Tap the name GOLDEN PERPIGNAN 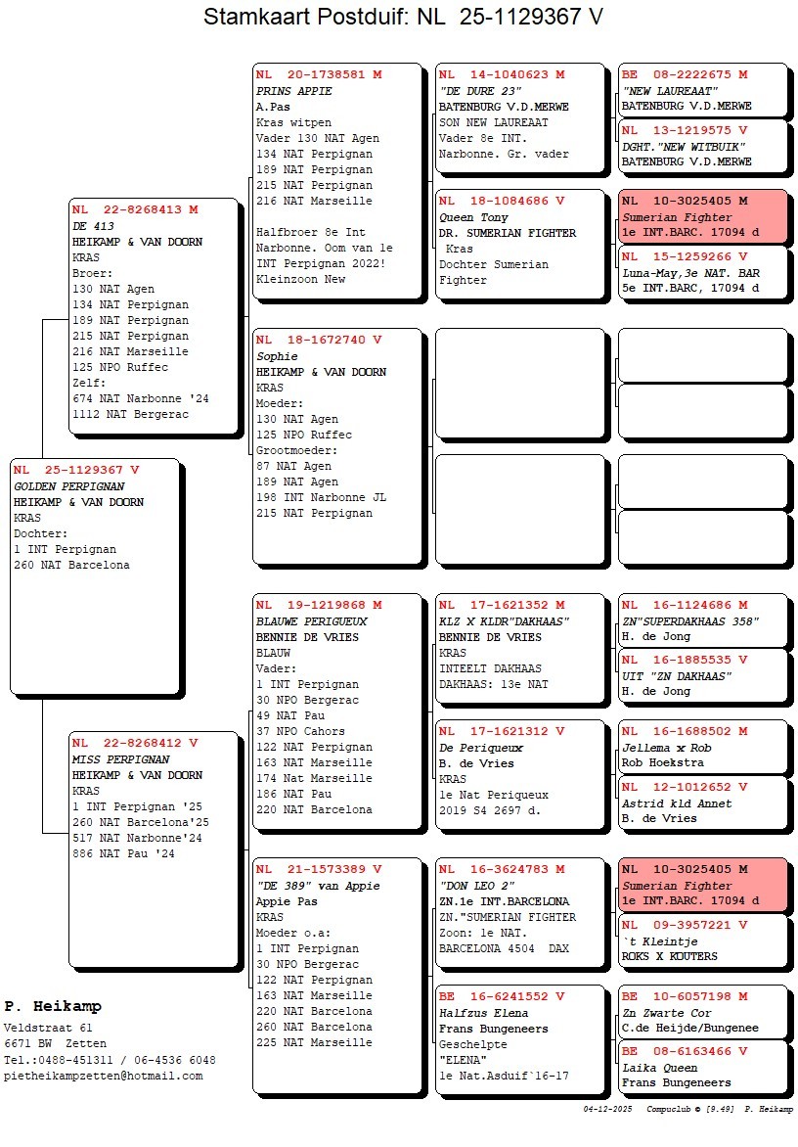pos(68,486)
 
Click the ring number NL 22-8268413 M pos(135,209)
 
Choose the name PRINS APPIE pos(293,91)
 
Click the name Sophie pos(277,356)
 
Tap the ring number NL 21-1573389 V pos(319,869)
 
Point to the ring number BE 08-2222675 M pos(685,74)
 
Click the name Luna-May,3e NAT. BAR pos(690,272)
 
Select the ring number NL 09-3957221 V pos(685,925)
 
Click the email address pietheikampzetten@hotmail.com pos(103,1076)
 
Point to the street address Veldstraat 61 pos(48,1028)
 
